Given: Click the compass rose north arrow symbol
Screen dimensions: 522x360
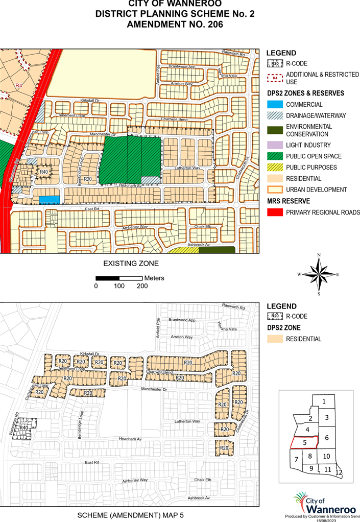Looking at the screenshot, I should (x=318, y=274).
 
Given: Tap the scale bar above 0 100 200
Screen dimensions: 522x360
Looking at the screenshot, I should (x=119, y=278).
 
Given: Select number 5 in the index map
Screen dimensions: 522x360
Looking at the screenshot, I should (x=304, y=443).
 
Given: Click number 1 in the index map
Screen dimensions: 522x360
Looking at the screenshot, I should (x=324, y=401).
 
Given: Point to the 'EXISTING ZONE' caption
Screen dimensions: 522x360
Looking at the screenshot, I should (x=131, y=264).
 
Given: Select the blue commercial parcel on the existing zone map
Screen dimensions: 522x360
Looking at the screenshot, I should (x=50, y=199).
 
